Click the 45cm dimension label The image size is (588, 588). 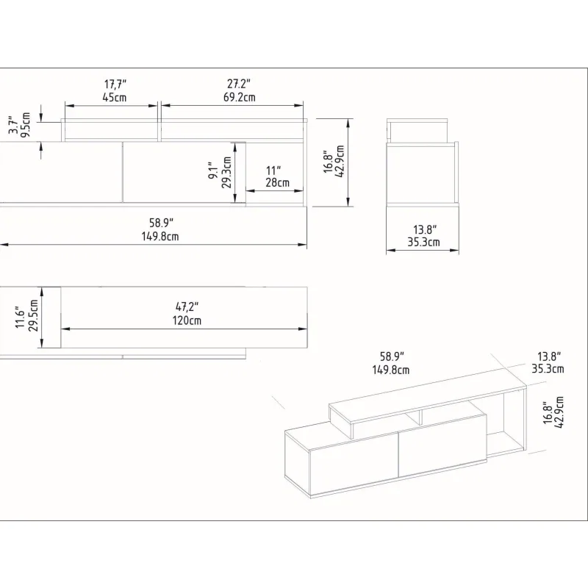[x=115, y=98]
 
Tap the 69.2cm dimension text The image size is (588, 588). [x=240, y=98]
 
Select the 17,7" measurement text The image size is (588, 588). [x=115, y=84]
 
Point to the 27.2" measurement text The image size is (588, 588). [x=239, y=84]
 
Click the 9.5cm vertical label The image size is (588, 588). [x=26, y=124]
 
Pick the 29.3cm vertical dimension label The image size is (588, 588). [x=226, y=172]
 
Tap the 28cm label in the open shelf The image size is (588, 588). [x=278, y=182]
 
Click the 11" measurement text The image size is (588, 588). [x=273, y=171]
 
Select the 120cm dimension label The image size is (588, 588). [x=187, y=320]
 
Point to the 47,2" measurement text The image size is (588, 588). [x=187, y=306]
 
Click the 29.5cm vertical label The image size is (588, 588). [x=33, y=315]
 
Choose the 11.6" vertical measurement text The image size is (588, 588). [x=21, y=316]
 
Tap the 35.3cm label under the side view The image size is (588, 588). [x=423, y=243]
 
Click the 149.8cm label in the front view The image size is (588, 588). [x=160, y=237]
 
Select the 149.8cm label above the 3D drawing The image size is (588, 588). [x=391, y=370]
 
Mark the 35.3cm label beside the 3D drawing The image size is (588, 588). [x=548, y=369]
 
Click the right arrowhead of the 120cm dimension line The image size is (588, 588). [x=303, y=329]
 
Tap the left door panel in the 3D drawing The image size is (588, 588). [x=354, y=465]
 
